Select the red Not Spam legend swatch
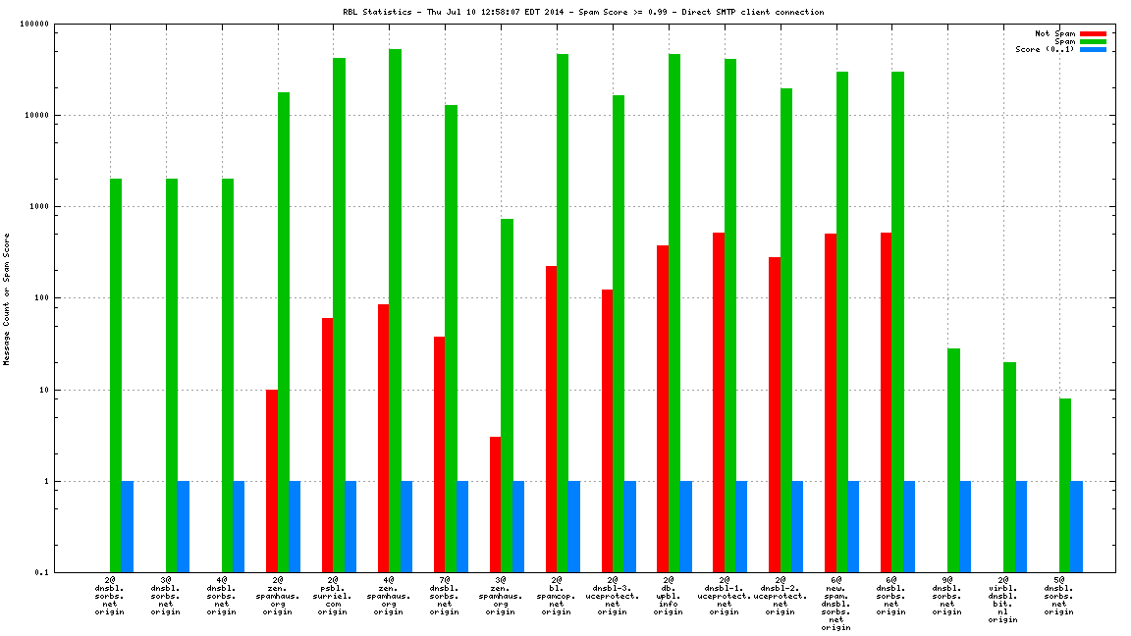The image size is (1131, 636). pos(1093,33)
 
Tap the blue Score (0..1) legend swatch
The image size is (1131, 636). pos(1093,49)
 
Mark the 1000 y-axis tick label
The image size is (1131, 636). pos(66,207)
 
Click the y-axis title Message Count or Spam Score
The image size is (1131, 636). pos(7,298)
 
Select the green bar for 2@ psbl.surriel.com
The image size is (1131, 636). pos(339,314)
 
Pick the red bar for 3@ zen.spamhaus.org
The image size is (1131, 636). pos(495,504)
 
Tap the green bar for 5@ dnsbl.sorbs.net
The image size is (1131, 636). pos(1065,485)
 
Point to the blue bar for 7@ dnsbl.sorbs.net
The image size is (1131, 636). pos(462,526)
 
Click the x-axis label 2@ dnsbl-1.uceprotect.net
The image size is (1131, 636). pos(725,596)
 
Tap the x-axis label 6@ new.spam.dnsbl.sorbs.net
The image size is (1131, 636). pos(835,604)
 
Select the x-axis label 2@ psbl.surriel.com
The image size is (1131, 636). pos(333,596)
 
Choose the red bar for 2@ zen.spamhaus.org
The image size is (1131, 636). pos(271,481)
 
